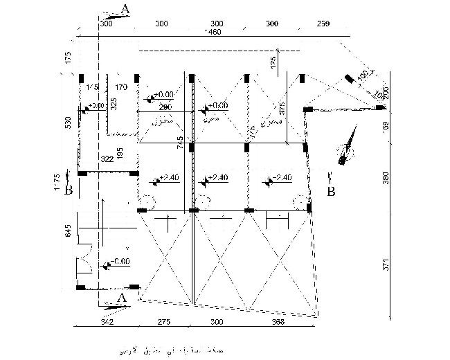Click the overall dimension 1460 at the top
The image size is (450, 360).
(212, 33)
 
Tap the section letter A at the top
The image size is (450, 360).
(125, 8)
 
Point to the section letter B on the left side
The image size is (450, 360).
(68, 189)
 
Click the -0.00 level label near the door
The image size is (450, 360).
(119, 262)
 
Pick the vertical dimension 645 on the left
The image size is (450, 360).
(69, 230)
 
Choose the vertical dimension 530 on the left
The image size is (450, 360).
(69, 123)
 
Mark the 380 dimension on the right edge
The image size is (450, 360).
(387, 179)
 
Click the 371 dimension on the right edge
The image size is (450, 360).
(387, 264)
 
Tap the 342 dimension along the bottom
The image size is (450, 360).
(107, 322)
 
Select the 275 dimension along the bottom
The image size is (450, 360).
(164, 322)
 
